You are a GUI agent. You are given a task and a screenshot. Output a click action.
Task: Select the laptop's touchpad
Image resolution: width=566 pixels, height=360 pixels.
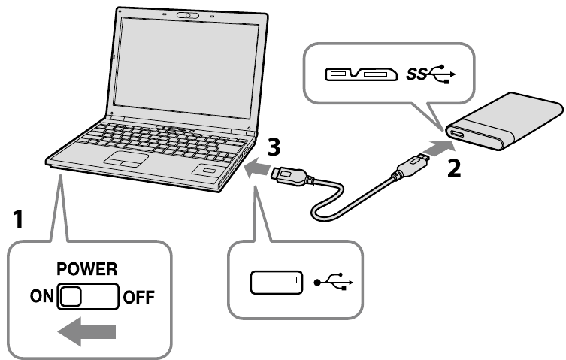click(126, 158)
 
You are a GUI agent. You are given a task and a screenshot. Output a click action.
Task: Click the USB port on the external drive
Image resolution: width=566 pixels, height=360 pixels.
click(456, 135)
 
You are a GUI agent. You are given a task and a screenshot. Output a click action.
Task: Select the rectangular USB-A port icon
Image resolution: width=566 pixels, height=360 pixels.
click(277, 284)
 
